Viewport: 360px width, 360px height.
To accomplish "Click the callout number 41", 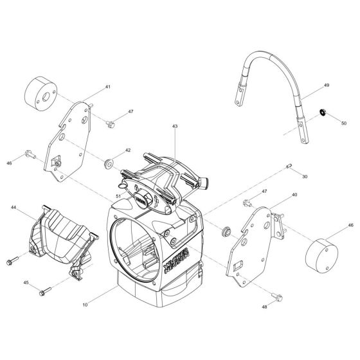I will click(x=108, y=86).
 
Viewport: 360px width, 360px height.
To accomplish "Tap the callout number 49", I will click(x=326, y=84).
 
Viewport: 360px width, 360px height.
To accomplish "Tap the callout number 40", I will click(x=294, y=194).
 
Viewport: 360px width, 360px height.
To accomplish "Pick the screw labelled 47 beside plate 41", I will click(x=110, y=120).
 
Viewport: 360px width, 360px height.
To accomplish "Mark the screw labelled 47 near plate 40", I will click(x=248, y=203).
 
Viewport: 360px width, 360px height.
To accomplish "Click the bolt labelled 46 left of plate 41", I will click(x=30, y=153).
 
